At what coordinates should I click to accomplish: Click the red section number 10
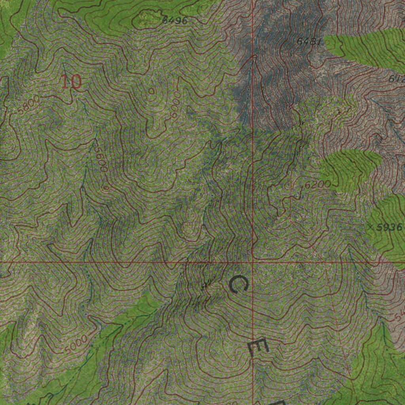click(72, 81)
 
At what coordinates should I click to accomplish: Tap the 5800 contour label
click(29, 105)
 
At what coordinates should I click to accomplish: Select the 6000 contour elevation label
click(175, 105)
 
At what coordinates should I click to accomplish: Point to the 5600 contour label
click(100, 157)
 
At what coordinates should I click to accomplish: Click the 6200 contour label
click(318, 184)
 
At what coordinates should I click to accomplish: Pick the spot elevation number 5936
click(389, 227)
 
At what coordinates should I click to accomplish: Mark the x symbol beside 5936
click(370, 227)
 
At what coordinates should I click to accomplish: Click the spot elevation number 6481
click(308, 41)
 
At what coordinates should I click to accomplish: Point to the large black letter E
click(259, 348)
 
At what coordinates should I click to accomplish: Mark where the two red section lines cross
click(253, 262)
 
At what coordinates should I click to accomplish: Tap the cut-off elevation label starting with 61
click(397, 79)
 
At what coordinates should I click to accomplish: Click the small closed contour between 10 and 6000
click(151, 91)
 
